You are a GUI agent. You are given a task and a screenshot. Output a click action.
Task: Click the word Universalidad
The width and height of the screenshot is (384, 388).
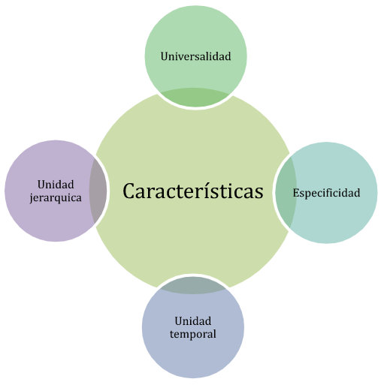click(195, 56)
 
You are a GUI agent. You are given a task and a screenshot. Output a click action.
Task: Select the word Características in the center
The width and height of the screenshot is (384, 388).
click(193, 191)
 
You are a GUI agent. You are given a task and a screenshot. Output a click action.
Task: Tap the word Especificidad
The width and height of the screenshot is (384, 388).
click(326, 194)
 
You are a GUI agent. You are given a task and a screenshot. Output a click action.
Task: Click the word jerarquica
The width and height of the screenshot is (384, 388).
click(56, 198)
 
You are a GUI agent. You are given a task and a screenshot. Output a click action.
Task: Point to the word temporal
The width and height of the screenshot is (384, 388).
click(193, 334)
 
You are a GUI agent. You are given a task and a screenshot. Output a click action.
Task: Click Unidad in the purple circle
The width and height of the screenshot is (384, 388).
click(56, 185)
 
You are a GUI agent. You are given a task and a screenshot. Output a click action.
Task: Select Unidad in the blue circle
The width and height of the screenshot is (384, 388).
click(193, 321)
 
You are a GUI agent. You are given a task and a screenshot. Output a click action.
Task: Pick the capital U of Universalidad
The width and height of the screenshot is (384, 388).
click(165, 56)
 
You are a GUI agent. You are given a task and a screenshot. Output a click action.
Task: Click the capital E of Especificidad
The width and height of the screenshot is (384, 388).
click(296, 193)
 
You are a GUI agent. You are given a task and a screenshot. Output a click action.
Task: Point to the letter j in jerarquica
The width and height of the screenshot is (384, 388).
click(32, 198)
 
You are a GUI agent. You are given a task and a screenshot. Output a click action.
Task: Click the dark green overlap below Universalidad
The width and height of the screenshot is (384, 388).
click(195, 98)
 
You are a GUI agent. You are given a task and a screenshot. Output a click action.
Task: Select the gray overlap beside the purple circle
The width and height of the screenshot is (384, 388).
click(98, 191)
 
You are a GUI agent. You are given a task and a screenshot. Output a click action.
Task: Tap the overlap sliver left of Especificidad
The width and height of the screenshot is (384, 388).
click(286, 193)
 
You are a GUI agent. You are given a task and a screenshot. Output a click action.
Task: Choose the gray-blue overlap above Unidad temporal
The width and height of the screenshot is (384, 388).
click(193, 285)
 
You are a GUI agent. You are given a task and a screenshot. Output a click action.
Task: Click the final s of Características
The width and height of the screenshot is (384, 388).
click(259, 194)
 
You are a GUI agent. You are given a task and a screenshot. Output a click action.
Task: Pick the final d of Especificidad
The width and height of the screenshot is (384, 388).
click(357, 193)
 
